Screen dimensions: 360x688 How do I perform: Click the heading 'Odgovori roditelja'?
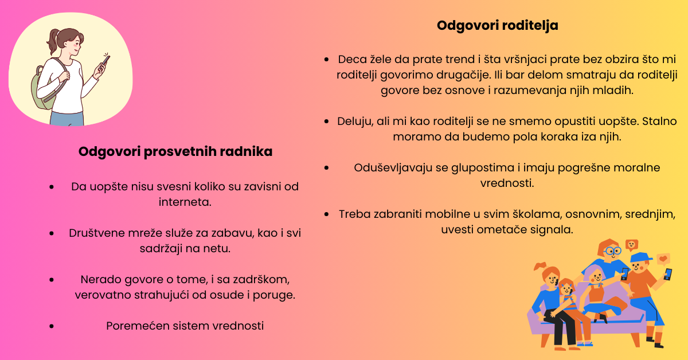click(497, 26)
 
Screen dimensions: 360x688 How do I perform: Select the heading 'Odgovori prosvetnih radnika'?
click(175, 152)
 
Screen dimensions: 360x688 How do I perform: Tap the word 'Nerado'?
click(98, 280)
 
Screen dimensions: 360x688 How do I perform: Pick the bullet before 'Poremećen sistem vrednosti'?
click(52, 326)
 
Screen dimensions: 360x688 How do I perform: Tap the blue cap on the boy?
click(640, 257)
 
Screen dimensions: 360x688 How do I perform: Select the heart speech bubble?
click(663, 259)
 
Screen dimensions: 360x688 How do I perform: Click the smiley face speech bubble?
click(632, 245)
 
